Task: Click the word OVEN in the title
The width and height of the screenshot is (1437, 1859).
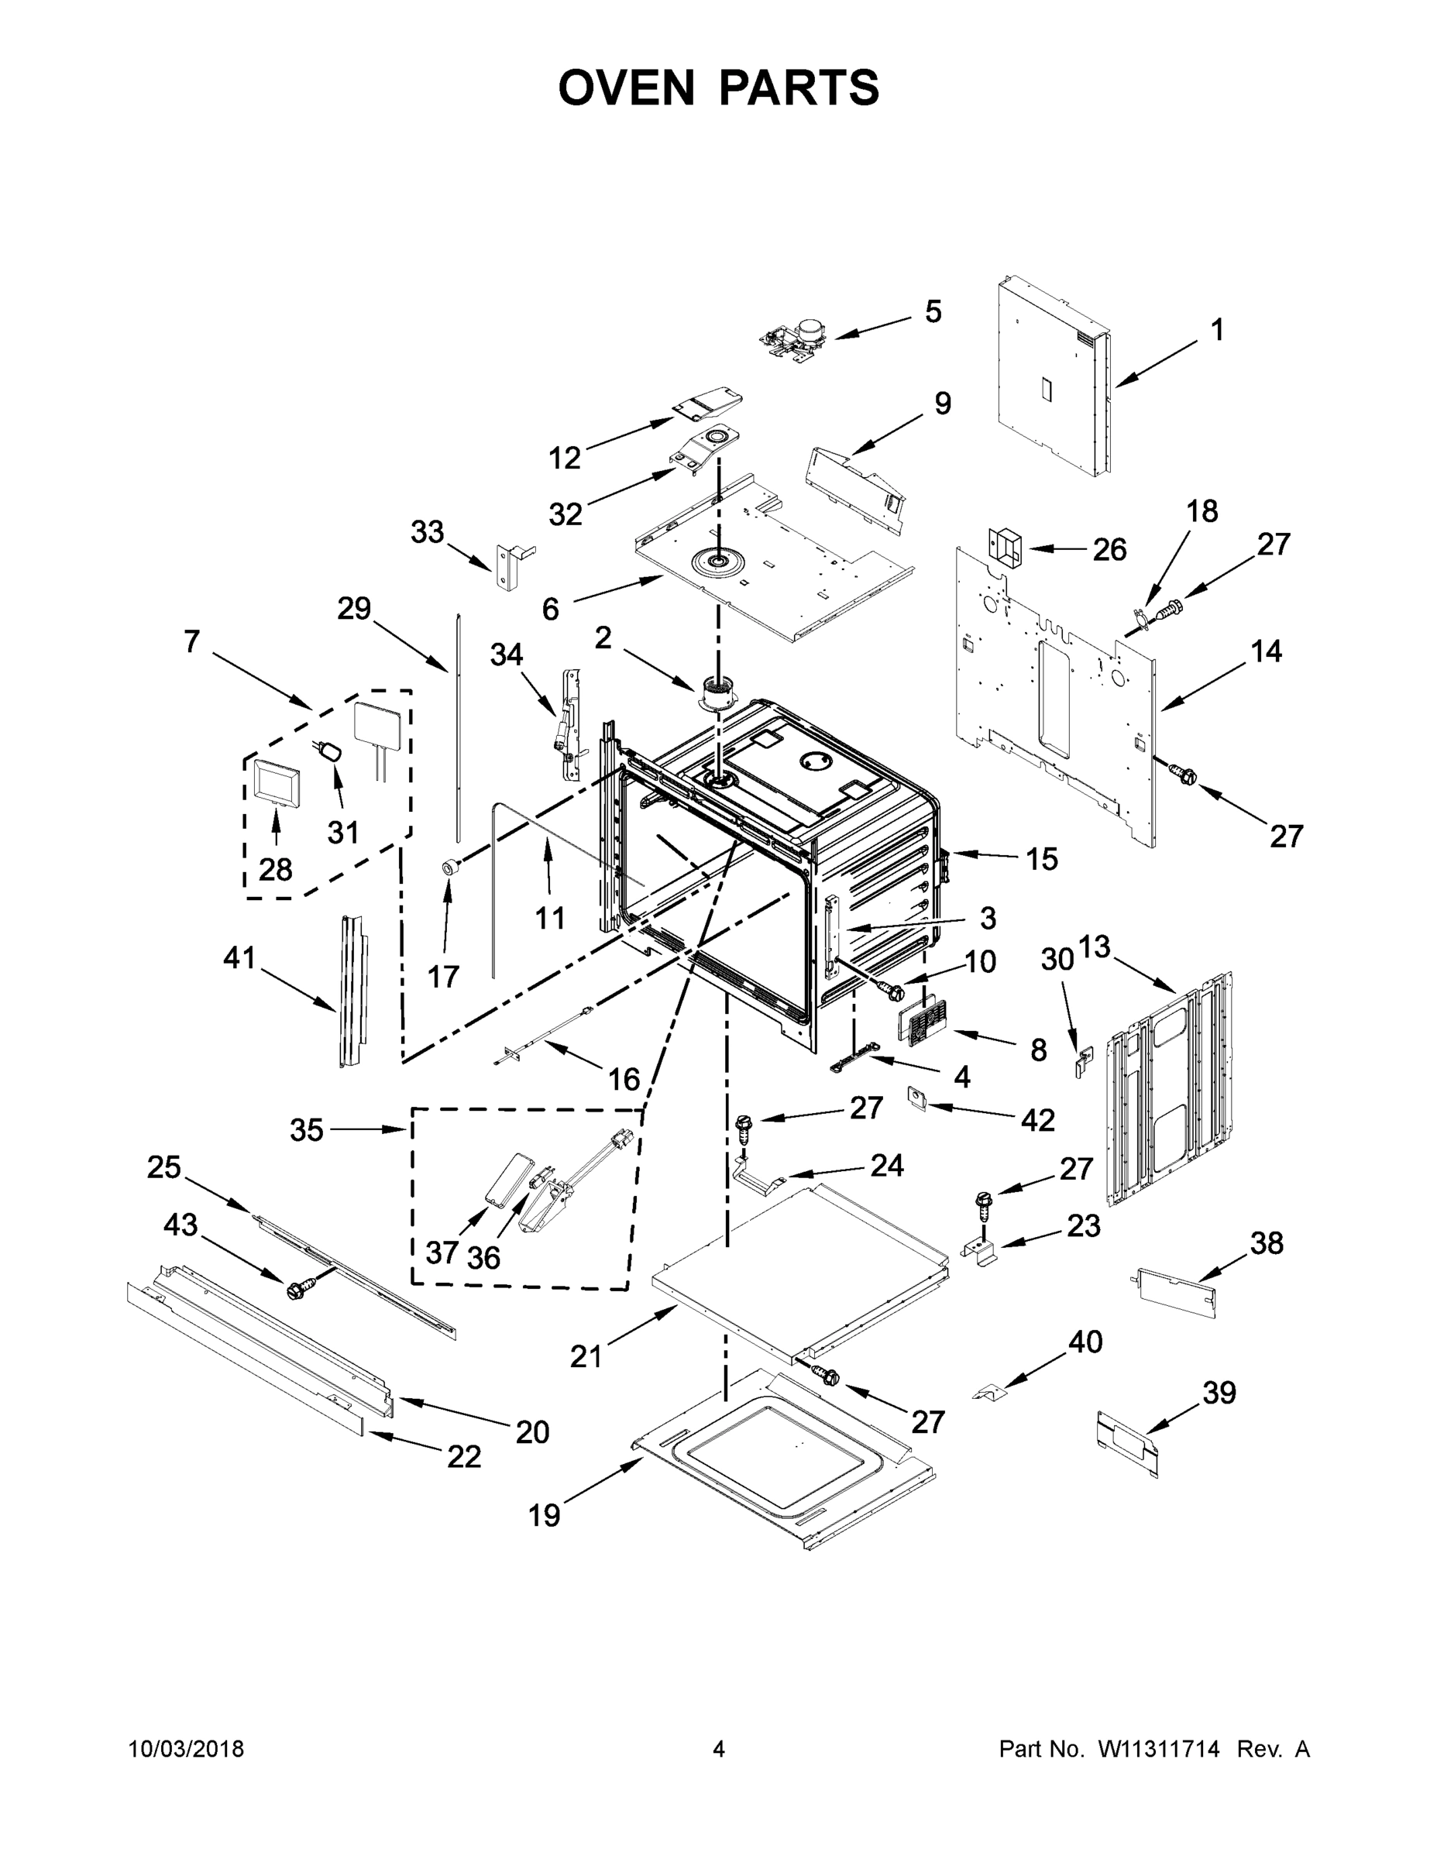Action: coord(627,88)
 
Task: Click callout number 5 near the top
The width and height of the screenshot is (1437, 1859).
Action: coord(933,311)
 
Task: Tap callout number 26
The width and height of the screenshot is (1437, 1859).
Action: coord(1109,549)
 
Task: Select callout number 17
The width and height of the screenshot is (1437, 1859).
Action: coord(442,975)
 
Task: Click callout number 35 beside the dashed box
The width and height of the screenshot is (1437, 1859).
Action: coord(307,1129)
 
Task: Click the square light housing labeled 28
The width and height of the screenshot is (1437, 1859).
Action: coord(276,782)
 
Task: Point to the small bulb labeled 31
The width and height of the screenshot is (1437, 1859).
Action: coord(331,751)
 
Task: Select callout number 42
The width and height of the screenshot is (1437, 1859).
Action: coord(1038,1119)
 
